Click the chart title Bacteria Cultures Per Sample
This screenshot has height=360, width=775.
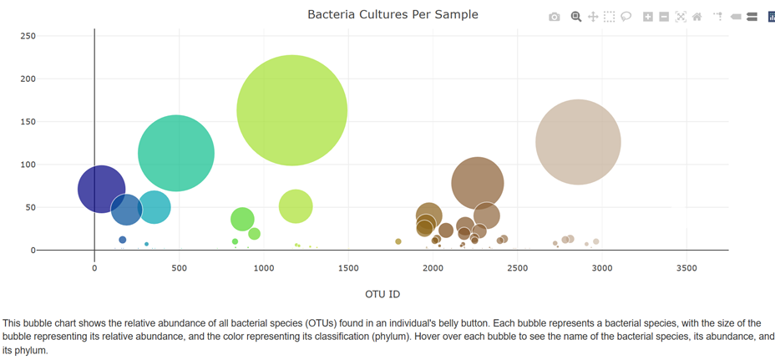coord(393,15)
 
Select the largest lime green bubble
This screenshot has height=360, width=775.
coord(291,110)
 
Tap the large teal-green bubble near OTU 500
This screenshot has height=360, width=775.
coord(176,154)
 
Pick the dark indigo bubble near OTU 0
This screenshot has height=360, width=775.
coord(101,189)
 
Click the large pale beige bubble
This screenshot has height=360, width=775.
coord(578,142)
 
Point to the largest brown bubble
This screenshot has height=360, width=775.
coord(478,184)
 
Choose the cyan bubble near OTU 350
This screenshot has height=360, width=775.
coord(154,207)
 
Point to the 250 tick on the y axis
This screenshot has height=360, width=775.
coord(28,36)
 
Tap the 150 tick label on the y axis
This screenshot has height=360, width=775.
coord(28,122)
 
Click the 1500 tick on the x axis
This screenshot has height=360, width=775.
coord(348,268)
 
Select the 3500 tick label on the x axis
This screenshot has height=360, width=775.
coord(686,268)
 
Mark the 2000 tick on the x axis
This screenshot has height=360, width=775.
coord(433,268)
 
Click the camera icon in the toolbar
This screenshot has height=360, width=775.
coord(555,17)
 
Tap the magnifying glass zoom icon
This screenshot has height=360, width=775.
coord(575,17)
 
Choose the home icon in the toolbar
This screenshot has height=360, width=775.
coord(697,17)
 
